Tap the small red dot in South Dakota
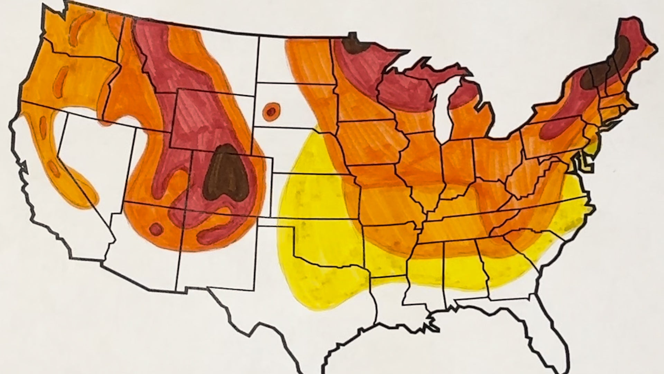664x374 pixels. [x=271, y=112]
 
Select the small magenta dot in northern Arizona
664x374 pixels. [x=156, y=229]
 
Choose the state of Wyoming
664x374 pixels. [x=211, y=118]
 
